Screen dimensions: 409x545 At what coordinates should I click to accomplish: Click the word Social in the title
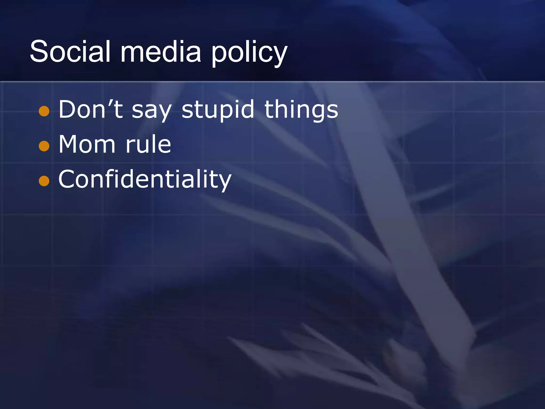[x=70, y=51]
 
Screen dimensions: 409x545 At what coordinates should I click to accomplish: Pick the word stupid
[x=218, y=110]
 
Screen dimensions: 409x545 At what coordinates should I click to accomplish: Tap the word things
[x=301, y=110]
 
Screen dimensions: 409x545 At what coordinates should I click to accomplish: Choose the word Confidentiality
[x=145, y=179]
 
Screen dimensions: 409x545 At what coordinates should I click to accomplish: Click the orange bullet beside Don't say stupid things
[x=44, y=111]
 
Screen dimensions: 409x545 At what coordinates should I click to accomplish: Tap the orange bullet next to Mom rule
[x=44, y=146]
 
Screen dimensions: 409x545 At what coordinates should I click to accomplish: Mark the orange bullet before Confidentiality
[x=44, y=181]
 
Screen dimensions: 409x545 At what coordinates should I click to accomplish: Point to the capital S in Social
[x=40, y=51]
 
